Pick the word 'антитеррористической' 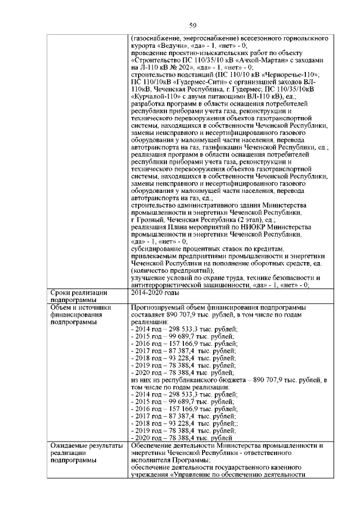tap(168, 285)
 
